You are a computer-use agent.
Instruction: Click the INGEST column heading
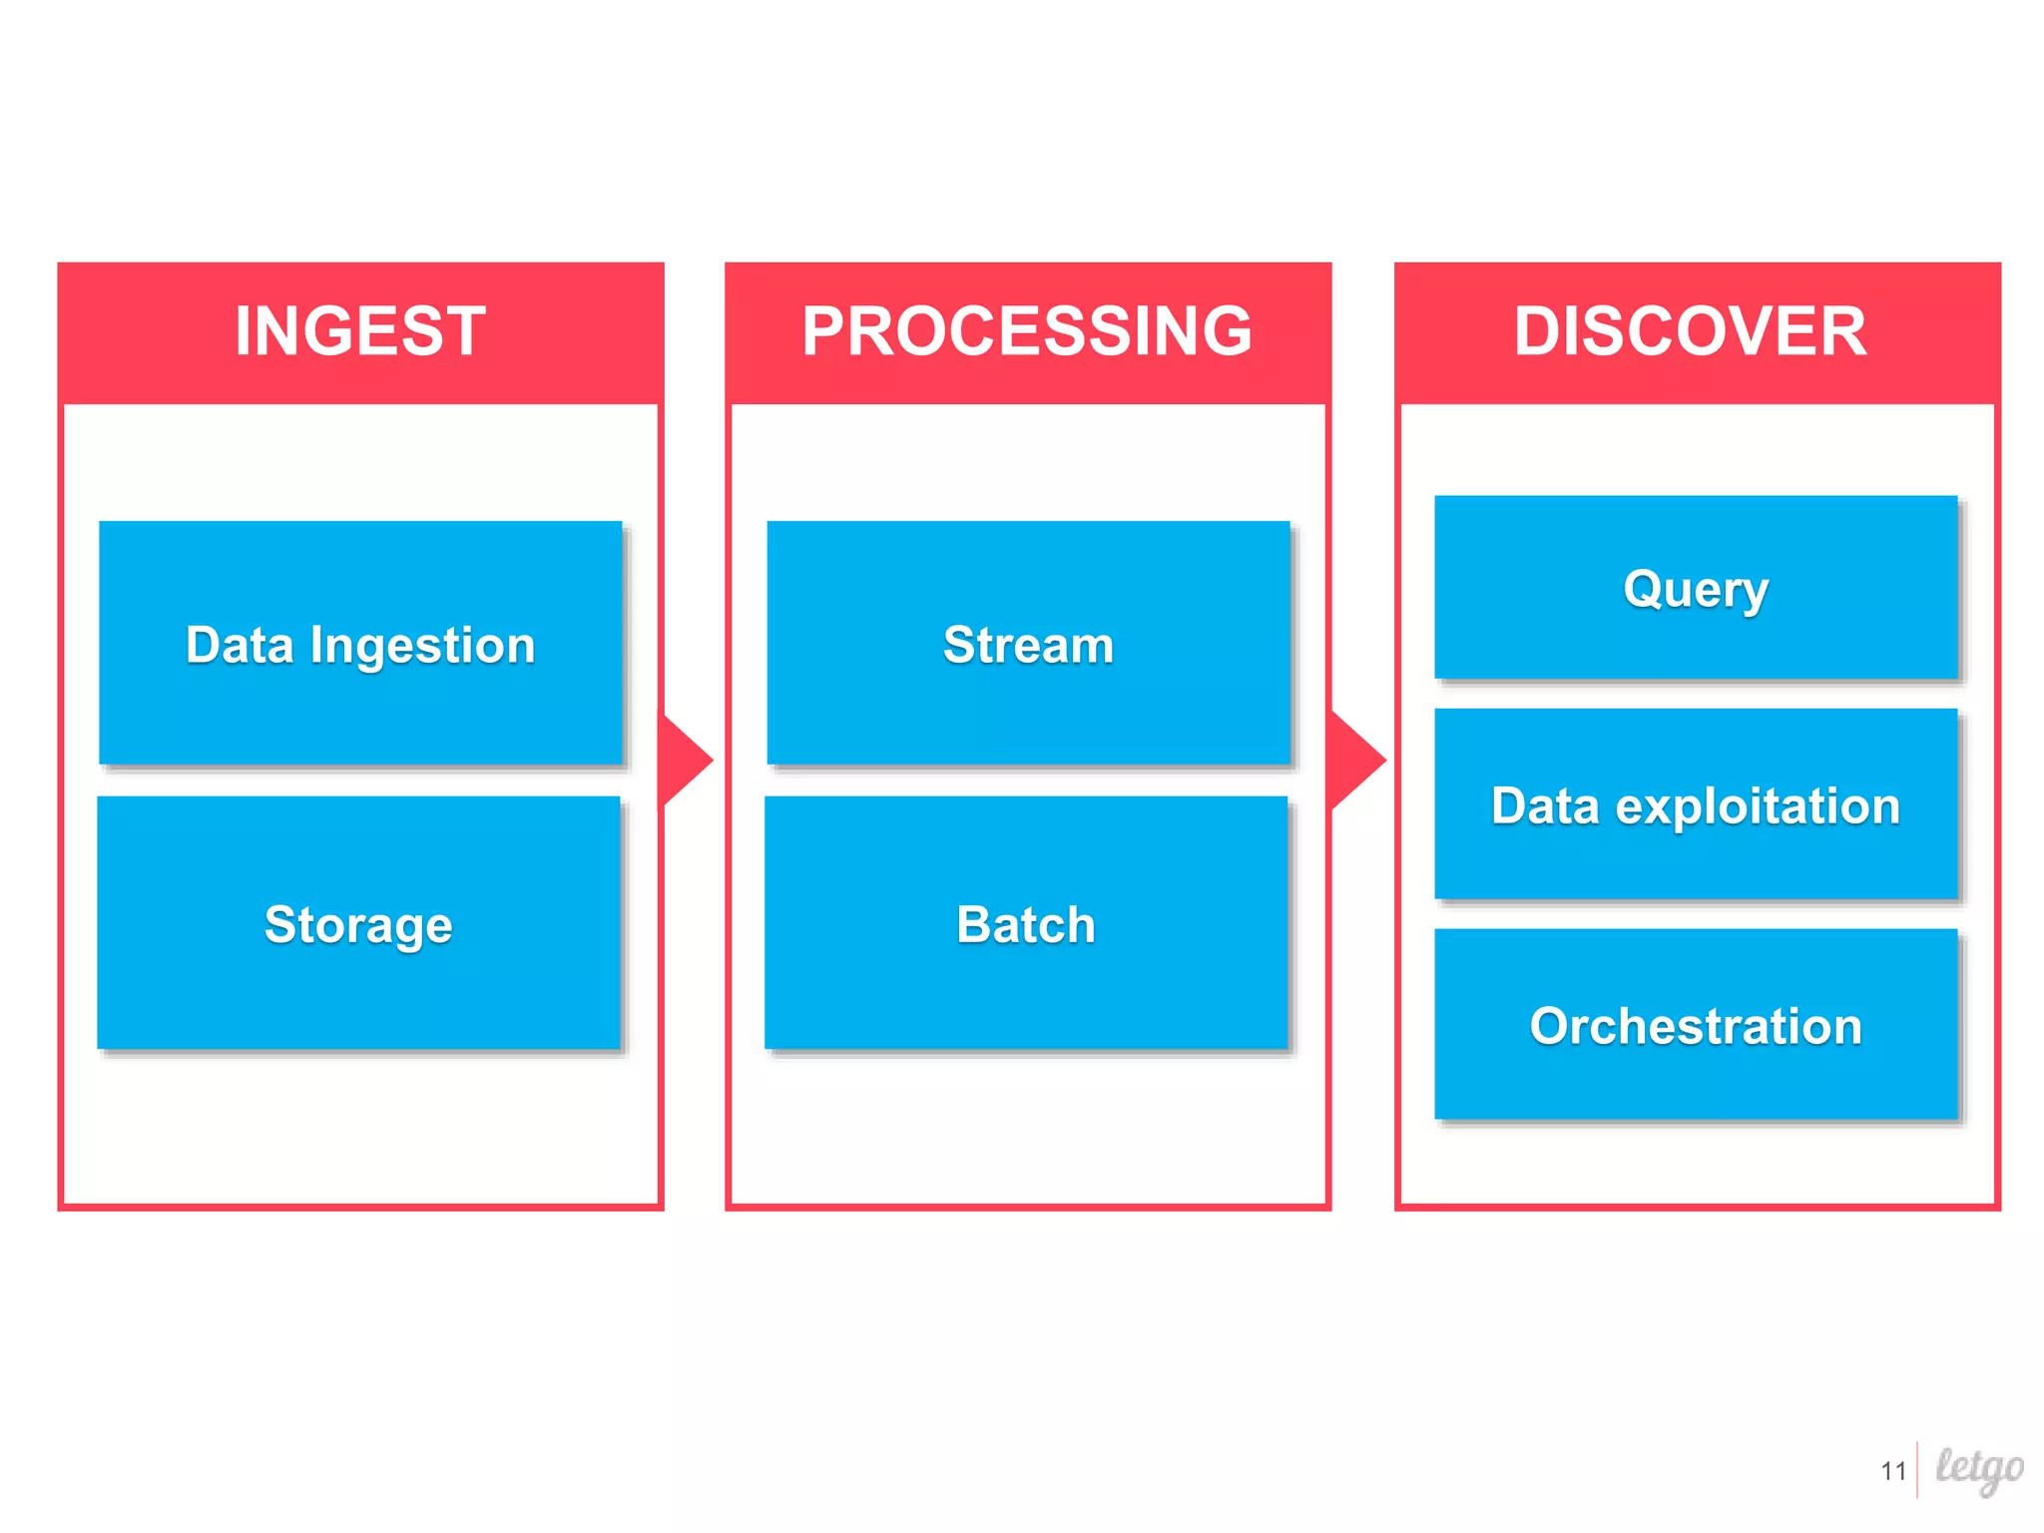pyautogui.click(x=360, y=331)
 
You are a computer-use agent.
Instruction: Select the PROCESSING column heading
pyautogui.click(x=1027, y=331)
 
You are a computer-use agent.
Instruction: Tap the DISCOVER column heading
pyautogui.click(x=1690, y=331)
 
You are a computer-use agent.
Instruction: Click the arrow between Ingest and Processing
pyautogui.click(x=689, y=760)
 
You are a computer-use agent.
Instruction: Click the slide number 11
pyautogui.click(x=1893, y=1471)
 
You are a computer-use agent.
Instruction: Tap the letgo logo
pyautogui.click(x=1979, y=1468)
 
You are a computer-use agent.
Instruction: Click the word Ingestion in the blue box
pyautogui.click(x=422, y=646)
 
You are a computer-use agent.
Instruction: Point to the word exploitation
pyautogui.click(x=1758, y=806)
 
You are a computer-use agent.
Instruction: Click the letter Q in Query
pyautogui.click(x=1643, y=588)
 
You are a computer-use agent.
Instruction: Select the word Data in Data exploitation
pyautogui.click(x=1545, y=806)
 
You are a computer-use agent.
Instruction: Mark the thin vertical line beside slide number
pyautogui.click(x=1917, y=1470)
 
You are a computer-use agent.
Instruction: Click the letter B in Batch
pyautogui.click(x=974, y=924)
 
